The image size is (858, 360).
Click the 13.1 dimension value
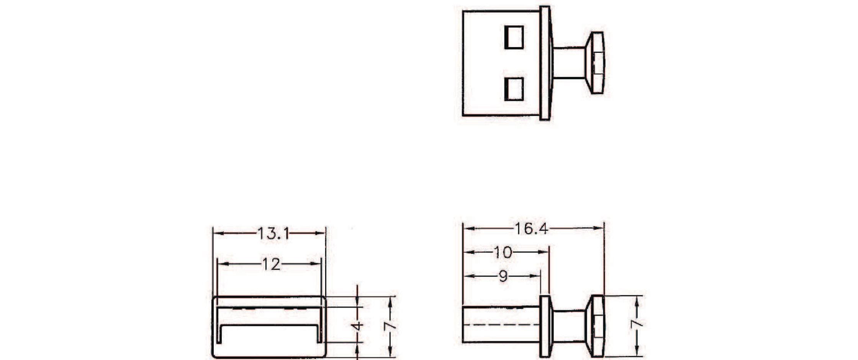click(x=273, y=233)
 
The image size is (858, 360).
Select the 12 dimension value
click(x=271, y=264)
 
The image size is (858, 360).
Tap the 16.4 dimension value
click(x=531, y=229)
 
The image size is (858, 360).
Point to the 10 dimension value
click(x=503, y=252)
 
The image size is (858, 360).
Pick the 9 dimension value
click(x=503, y=276)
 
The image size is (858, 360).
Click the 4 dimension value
click(x=357, y=326)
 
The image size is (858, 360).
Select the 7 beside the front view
click(x=390, y=326)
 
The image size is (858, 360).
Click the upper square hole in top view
click(x=514, y=38)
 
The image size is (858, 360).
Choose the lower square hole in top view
click(x=514, y=89)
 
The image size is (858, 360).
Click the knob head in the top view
click(x=596, y=63)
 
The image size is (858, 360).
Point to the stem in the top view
click(x=569, y=63)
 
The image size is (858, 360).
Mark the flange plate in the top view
click(x=545, y=63)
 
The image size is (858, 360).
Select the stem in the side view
click(x=569, y=326)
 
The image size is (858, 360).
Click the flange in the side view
click(x=545, y=326)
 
